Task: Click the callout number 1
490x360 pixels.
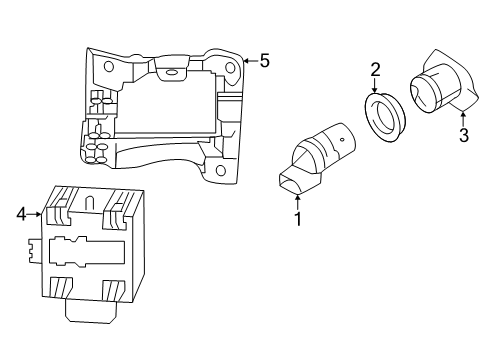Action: [298, 219]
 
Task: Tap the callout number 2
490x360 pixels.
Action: [375, 70]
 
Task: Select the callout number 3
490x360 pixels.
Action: [464, 135]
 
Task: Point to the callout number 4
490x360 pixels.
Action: [21, 214]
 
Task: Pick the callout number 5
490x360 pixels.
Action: [265, 61]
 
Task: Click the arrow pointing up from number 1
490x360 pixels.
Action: [298, 202]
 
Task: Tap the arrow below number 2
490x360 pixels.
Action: [375, 85]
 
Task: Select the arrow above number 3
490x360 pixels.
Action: [463, 119]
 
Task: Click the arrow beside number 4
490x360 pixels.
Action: [34, 215]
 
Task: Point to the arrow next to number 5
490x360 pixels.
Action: [251, 61]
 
